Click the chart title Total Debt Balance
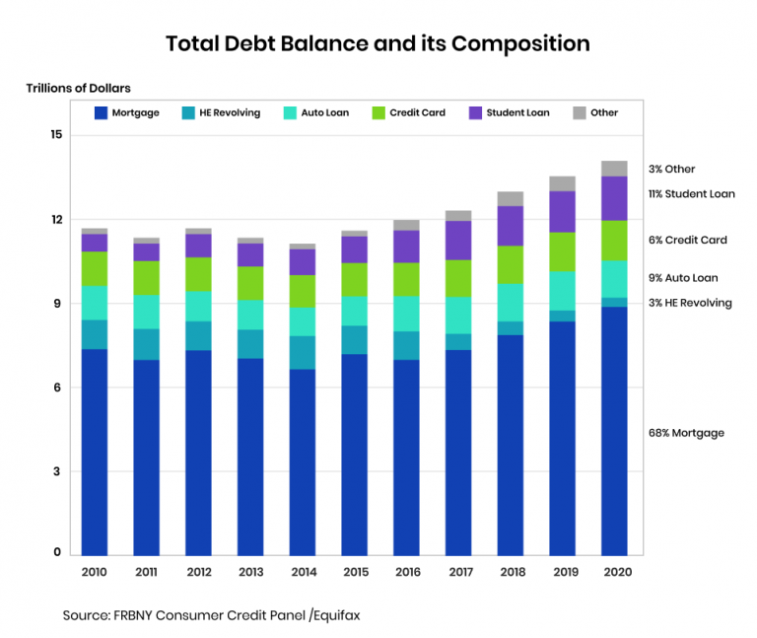tap(378, 44)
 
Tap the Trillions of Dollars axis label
tap(78, 89)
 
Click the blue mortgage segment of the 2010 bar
tap(95, 452)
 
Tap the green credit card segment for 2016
tap(406, 279)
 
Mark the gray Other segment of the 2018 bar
tap(510, 198)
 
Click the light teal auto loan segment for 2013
tap(250, 315)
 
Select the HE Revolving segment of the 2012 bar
tap(198, 335)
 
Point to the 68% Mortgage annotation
tap(686, 433)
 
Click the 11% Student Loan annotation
tap(691, 194)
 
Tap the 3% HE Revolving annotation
tap(690, 303)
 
